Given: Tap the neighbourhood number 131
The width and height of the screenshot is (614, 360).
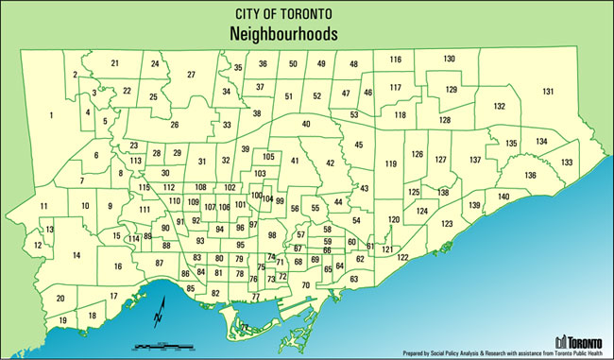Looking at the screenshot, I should (x=548, y=92).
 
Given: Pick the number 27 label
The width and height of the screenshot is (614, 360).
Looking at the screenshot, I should (x=191, y=75).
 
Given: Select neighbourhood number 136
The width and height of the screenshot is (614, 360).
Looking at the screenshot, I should (x=531, y=176).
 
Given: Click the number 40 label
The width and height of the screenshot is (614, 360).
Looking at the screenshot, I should (x=305, y=125).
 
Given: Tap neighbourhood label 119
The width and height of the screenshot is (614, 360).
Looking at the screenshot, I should (x=389, y=164).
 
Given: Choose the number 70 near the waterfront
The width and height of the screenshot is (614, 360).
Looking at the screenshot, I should (x=305, y=285).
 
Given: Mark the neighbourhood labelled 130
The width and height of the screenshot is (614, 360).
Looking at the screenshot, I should (x=450, y=59).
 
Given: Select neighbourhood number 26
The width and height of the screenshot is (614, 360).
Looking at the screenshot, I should (x=174, y=125).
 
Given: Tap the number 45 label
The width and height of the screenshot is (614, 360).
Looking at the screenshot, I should (x=359, y=145).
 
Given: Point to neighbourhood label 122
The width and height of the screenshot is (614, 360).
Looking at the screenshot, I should (x=402, y=257).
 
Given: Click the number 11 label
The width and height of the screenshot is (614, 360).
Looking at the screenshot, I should (x=43, y=206).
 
